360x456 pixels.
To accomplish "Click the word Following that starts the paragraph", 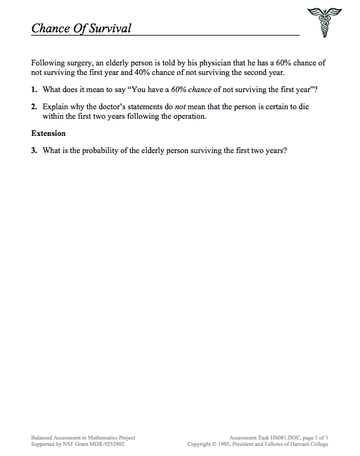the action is pyautogui.click(x=48, y=64).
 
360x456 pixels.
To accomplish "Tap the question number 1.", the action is pyautogui.click(x=34, y=90).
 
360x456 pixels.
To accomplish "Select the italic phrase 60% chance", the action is pyautogui.click(x=191, y=90).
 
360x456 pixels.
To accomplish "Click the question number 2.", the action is pyautogui.click(x=34, y=107).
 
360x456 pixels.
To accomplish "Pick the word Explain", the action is pyautogui.click(x=55, y=107).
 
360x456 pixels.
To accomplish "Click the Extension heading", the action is pyautogui.click(x=48, y=134).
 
